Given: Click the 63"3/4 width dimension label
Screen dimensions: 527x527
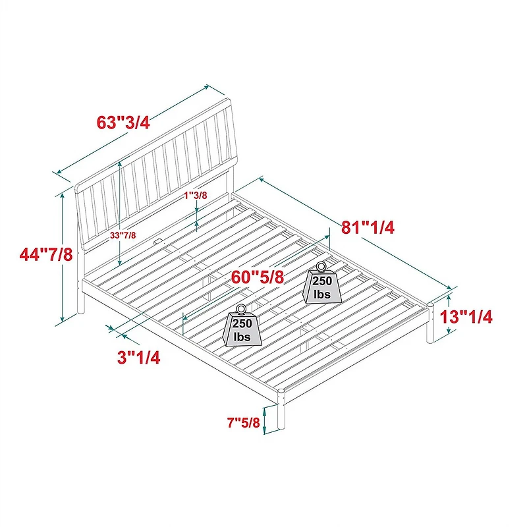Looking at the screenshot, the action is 123,123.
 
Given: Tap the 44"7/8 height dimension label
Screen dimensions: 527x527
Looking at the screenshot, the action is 46,254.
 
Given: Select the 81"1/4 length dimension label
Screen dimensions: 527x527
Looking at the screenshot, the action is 368,227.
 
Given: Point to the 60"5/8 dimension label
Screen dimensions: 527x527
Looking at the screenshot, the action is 258,277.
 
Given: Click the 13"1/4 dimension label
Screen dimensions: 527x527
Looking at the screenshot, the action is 466,317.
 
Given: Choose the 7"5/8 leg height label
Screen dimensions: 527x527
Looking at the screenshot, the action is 244,422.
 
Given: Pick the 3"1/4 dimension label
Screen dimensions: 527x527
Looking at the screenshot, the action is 138,357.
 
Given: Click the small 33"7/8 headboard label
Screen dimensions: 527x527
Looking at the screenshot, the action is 123,235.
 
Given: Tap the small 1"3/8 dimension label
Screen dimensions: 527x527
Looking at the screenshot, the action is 196,195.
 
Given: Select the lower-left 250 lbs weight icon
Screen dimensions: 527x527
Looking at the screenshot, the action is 242,325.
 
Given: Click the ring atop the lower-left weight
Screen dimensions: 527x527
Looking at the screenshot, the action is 242,308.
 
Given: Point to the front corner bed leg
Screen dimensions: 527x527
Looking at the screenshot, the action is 281,408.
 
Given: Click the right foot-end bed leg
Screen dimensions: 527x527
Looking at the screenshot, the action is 430,323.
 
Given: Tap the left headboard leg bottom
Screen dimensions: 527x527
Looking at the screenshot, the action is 80,310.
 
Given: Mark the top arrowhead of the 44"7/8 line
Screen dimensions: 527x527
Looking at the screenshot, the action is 62,196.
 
